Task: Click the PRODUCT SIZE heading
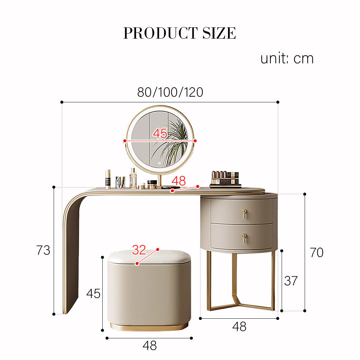(180, 33)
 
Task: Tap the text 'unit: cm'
(287, 58)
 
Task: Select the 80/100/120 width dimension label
(170, 92)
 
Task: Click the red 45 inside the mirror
(160, 133)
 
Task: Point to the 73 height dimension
(43, 250)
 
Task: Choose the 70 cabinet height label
(317, 253)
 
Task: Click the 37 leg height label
(291, 281)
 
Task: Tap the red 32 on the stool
(139, 250)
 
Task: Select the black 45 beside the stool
(93, 294)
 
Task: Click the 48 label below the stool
(150, 345)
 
